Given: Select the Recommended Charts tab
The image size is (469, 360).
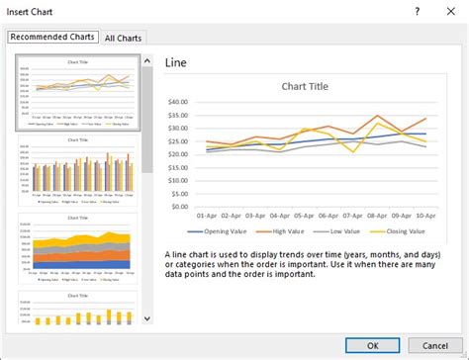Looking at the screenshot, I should (x=53, y=37).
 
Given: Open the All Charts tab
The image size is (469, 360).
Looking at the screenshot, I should (x=124, y=38).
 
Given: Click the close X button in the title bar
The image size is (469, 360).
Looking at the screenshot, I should (x=451, y=11).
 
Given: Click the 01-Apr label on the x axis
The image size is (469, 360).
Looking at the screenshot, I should (x=208, y=216).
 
